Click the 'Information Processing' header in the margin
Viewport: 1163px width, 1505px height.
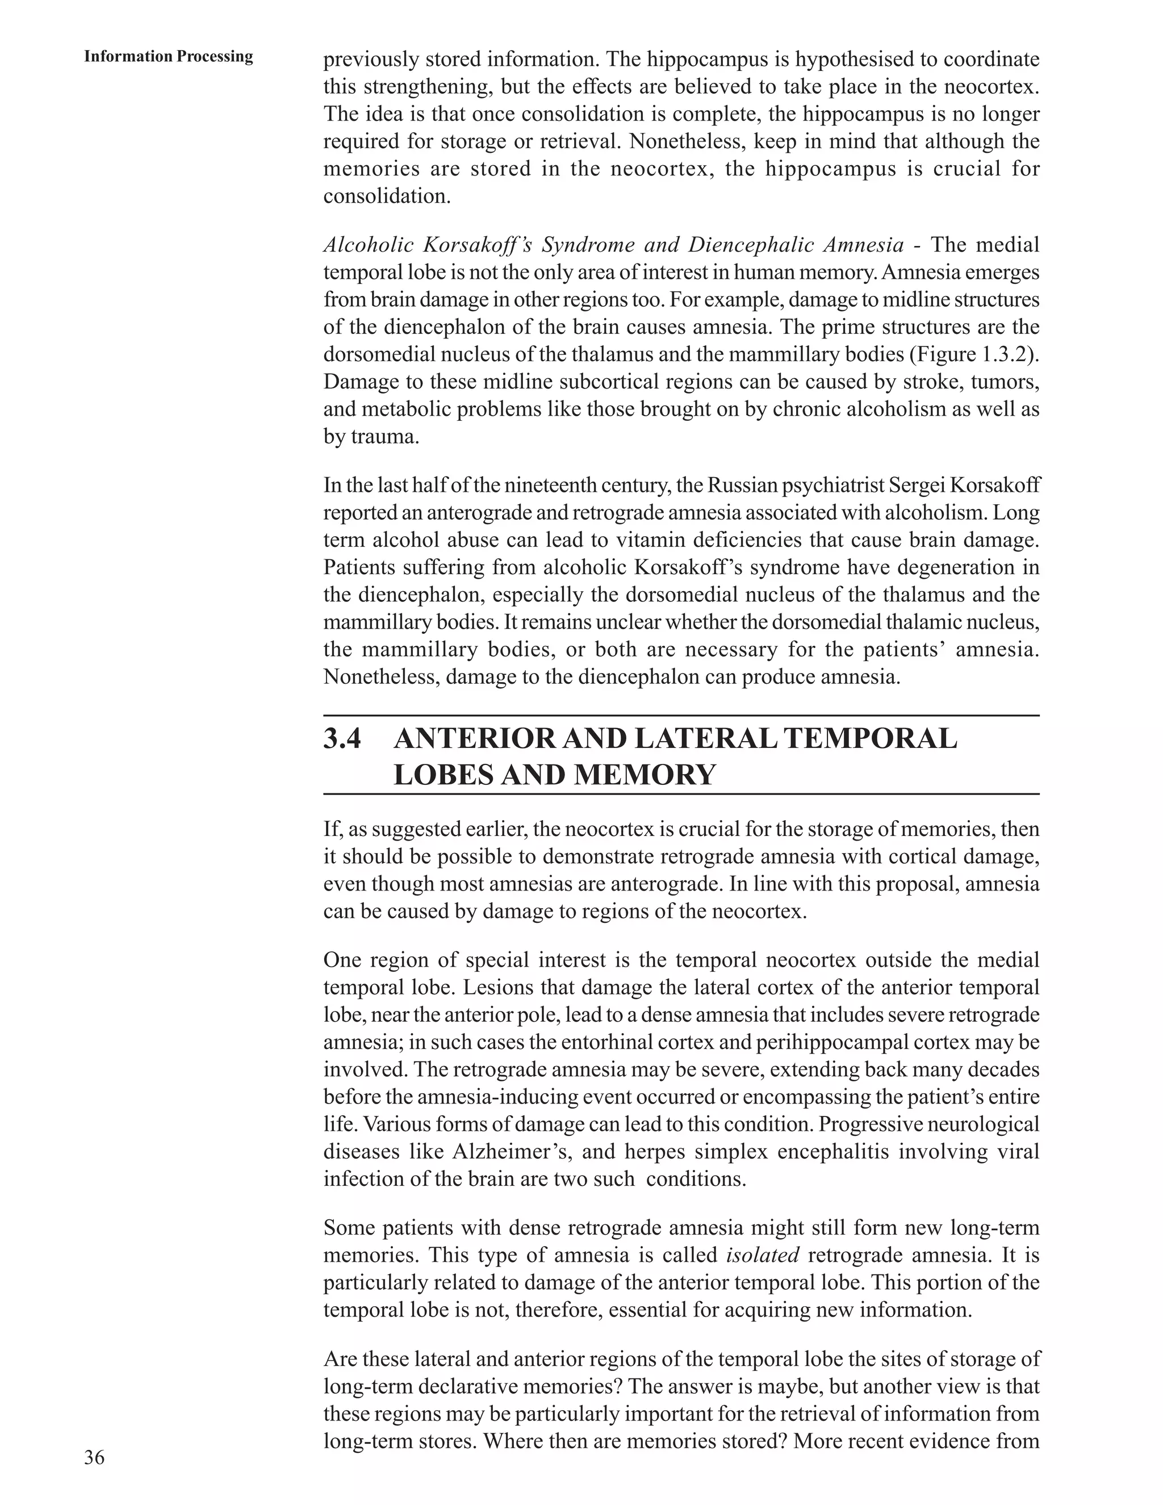(x=169, y=56)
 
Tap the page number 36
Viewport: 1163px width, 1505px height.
(x=94, y=1457)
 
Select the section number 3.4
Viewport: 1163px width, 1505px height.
(x=342, y=739)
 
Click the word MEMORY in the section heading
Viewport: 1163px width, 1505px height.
(x=644, y=775)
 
